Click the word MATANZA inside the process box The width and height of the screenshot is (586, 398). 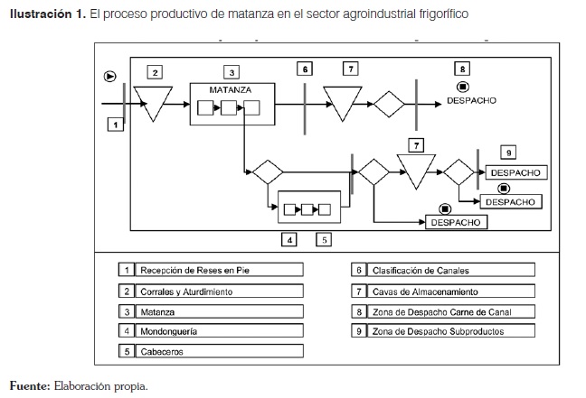tap(231, 89)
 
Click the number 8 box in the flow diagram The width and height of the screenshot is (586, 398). tap(463, 69)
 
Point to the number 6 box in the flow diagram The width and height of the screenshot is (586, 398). tap(306, 69)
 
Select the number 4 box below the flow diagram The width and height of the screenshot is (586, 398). tap(289, 240)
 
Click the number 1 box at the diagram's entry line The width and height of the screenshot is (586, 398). tap(115, 125)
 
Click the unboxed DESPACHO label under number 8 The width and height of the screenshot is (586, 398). tap(471, 101)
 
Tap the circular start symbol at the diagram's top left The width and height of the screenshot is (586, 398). tap(110, 76)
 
